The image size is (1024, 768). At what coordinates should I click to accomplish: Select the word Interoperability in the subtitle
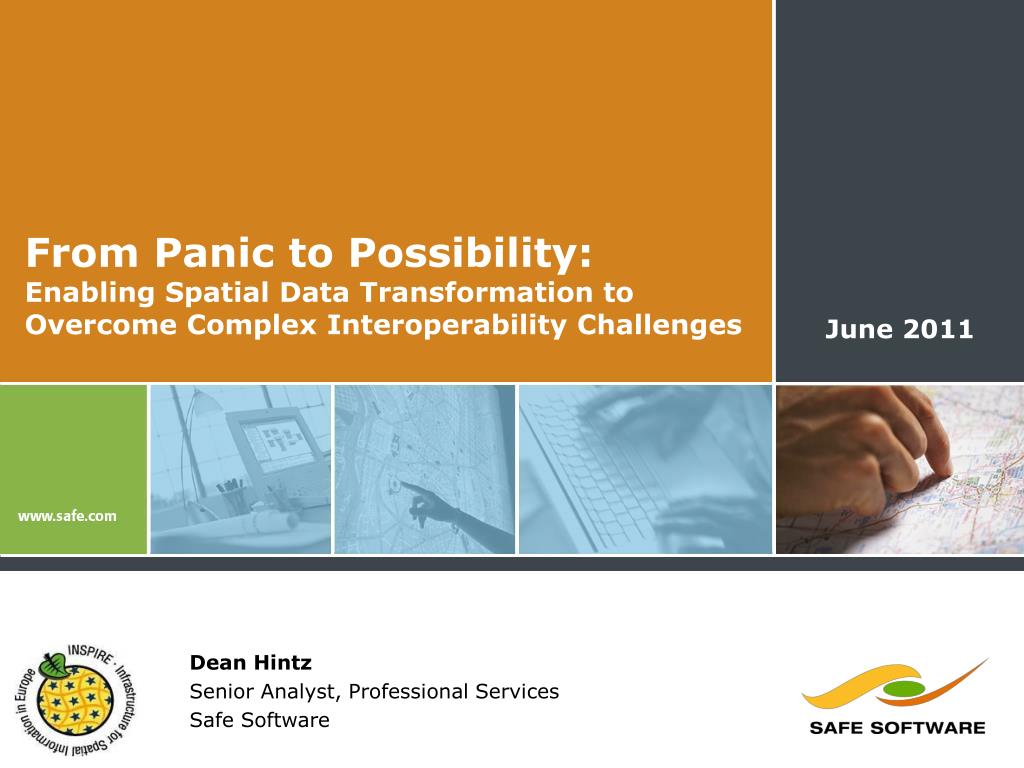tap(447, 326)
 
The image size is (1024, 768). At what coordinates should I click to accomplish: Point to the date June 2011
tap(899, 329)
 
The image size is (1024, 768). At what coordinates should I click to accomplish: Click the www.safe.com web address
tap(67, 516)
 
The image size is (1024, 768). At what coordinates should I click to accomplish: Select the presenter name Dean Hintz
tap(251, 663)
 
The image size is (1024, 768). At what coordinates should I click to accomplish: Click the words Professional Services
tap(454, 692)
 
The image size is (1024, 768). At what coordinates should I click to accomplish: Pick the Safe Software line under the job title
tap(259, 720)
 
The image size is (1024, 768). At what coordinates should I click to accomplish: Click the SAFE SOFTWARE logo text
tap(897, 728)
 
